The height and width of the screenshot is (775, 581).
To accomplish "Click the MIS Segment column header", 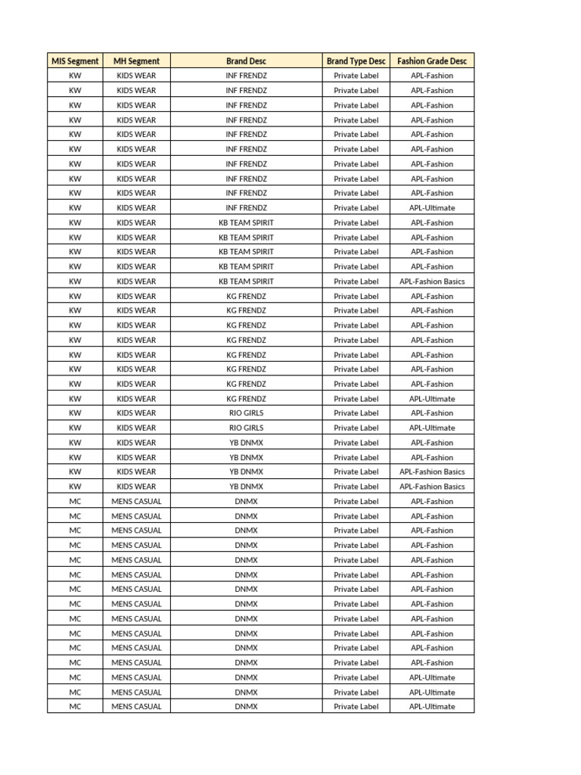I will [x=75, y=61].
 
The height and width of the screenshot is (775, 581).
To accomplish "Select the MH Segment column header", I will [x=136, y=61].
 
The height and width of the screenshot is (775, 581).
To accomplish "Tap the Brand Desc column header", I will [x=246, y=61].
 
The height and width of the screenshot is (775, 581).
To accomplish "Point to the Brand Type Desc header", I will [x=356, y=61].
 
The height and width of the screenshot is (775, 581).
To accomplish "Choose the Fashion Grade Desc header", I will [x=432, y=61].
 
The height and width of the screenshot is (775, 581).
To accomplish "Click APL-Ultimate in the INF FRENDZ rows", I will [x=432, y=208].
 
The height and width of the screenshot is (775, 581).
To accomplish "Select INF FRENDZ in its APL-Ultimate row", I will [x=246, y=208].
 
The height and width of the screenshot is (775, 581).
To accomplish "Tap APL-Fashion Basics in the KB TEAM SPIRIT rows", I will [x=432, y=282].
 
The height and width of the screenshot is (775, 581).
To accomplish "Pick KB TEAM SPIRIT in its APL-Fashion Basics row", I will [x=246, y=282].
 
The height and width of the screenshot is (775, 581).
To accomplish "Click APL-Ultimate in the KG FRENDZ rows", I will [x=432, y=399].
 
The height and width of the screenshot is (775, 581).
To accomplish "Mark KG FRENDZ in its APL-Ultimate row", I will [x=246, y=399].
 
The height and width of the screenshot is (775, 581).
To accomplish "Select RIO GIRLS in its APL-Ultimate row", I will [x=246, y=428].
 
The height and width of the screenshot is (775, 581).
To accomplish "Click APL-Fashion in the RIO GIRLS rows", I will [x=432, y=413].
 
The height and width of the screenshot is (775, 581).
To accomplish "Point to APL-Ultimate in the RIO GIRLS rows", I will [x=432, y=428].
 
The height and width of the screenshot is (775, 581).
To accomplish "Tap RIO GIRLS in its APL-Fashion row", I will [x=246, y=413].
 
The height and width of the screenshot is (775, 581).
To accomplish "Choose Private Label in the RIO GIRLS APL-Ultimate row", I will [x=356, y=428].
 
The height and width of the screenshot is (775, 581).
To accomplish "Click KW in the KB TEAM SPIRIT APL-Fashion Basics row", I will [x=75, y=282].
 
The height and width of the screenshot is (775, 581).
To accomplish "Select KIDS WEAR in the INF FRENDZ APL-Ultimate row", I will [x=136, y=208].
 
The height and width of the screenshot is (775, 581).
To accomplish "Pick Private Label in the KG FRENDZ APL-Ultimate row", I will [x=356, y=399].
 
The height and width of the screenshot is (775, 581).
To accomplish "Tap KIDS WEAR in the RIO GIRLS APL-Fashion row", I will [x=136, y=413].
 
